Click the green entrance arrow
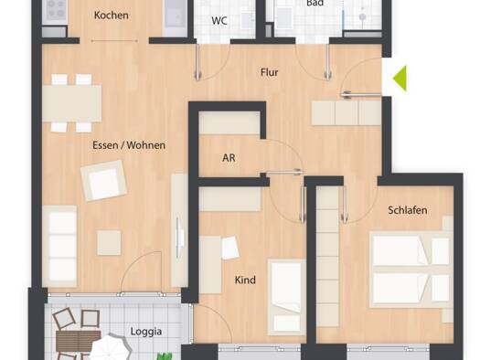click(401, 79)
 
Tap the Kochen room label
click(112, 16)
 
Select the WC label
click(219, 21)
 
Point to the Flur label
click(270, 72)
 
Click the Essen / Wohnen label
click(129, 145)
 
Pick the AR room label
click(229, 158)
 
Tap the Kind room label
click(245, 280)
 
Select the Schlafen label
click(408, 210)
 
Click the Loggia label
click(146, 332)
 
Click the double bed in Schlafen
click(411, 270)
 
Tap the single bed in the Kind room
click(287, 297)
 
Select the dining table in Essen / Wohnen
click(72, 103)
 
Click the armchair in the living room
click(104, 181)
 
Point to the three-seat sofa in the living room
click(59, 246)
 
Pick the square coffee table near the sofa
click(109, 243)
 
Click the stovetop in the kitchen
click(55, 11)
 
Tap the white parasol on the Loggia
click(110, 348)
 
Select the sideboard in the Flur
click(347, 113)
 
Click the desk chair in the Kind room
click(230, 248)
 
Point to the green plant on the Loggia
click(165, 356)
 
